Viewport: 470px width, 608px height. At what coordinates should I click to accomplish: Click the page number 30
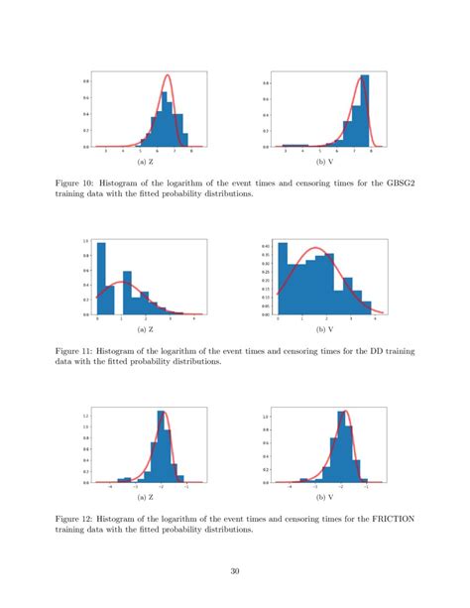(x=235, y=570)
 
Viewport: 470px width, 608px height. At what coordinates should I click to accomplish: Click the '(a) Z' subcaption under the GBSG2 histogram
(x=145, y=160)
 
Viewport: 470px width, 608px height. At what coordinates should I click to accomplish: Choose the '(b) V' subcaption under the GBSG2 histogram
(x=324, y=160)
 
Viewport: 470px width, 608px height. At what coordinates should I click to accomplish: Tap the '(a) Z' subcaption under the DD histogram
(x=145, y=327)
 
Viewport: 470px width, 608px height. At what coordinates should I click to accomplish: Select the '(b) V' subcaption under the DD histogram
(x=324, y=327)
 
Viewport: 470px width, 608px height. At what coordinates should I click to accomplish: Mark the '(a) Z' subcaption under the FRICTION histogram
(x=145, y=494)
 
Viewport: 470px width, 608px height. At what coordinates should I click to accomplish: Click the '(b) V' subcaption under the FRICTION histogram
(x=324, y=494)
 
